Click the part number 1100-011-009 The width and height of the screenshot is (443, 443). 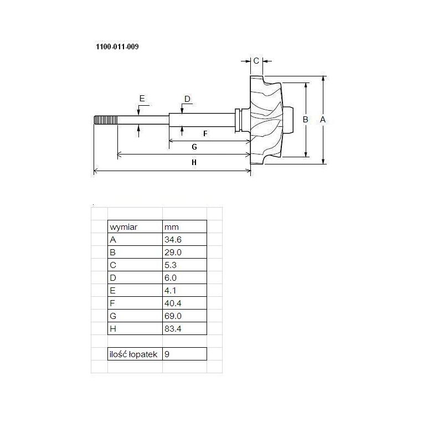point(117,47)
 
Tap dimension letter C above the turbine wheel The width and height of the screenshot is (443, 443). point(256,61)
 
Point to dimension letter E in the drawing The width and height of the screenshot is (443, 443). point(142,99)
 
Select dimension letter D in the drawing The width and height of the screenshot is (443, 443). point(187,99)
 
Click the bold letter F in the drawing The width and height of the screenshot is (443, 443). point(205,133)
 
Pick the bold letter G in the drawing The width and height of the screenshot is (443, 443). point(194,147)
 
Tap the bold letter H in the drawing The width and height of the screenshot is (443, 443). point(194,162)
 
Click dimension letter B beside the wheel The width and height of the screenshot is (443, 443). point(306,120)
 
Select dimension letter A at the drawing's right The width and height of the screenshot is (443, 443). point(323,120)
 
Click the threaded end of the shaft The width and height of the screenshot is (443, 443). point(106,120)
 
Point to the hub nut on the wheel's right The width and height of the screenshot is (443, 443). point(288,120)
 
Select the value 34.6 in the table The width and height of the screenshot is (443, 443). point(173,240)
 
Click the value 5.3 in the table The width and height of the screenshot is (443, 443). point(171,265)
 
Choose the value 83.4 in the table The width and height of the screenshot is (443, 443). point(173,328)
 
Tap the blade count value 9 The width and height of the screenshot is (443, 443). point(167,354)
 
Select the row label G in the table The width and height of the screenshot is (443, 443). point(113,316)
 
